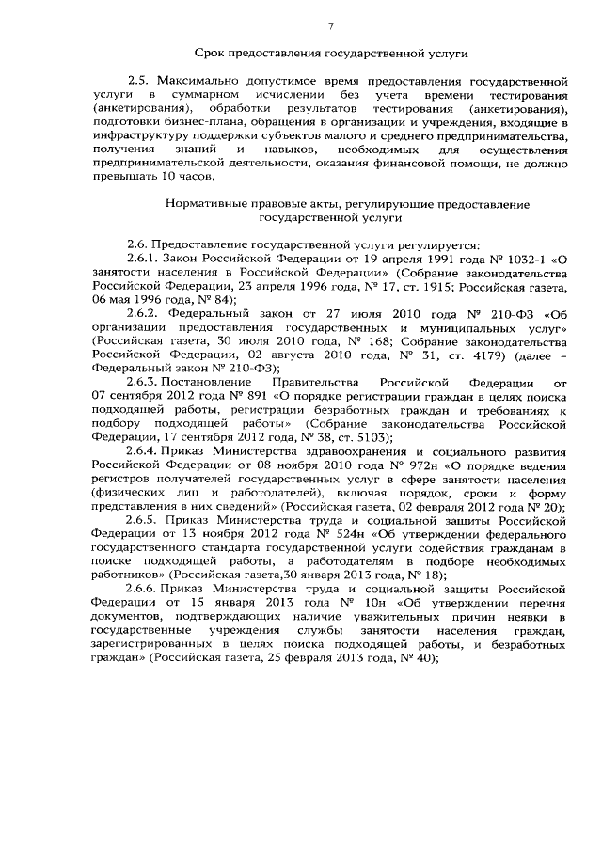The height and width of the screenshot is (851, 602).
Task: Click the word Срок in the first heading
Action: (212, 56)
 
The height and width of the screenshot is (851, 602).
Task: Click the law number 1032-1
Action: (525, 257)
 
